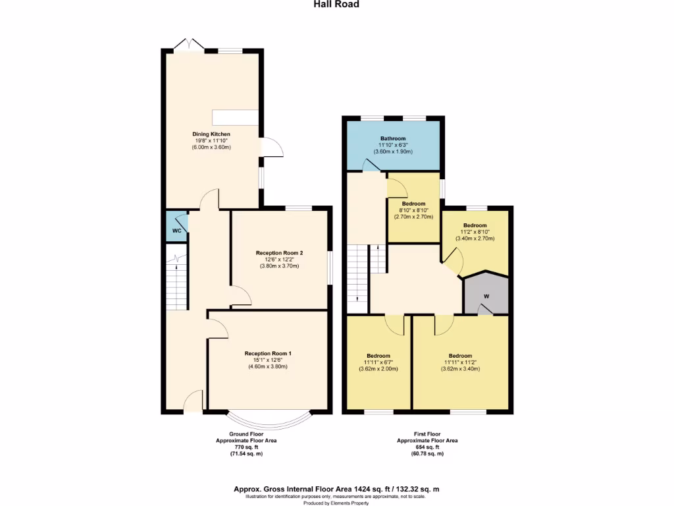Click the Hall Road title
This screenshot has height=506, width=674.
coord(336,4)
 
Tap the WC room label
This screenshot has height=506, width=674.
coord(176,231)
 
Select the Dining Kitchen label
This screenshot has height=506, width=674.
coord(211,134)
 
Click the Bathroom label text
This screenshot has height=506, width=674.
coord(392,138)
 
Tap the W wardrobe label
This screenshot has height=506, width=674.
coord(486,296)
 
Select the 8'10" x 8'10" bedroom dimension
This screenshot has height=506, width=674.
coord(413,210)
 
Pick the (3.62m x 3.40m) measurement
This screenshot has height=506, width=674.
coord(460,369)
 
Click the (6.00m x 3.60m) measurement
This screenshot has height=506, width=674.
coord(211,147)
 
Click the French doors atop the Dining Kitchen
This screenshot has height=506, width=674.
coord(190,44)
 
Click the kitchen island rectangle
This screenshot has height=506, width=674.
coord(235,117)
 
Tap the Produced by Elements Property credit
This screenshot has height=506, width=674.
coord(336,502)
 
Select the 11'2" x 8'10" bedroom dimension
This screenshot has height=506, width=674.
coord(474,232)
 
